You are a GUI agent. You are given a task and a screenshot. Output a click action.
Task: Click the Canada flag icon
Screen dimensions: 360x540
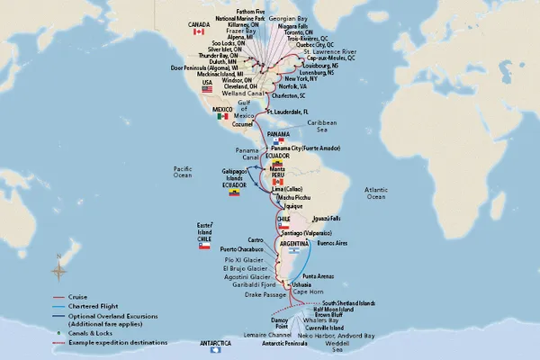tap(199, 31)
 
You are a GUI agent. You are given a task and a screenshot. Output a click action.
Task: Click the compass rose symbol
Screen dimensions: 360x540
tap(58, 267)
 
